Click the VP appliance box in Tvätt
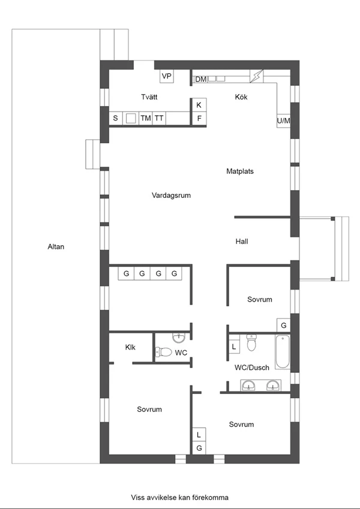[x=167, y=76]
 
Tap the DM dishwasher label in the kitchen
[x=201, y=79]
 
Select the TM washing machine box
[x=146, y=118]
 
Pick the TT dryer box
[x=159, y=118]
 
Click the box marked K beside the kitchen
[x=199, y=105]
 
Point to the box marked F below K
[x=199, y=119]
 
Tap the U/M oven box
[x=283, y=121]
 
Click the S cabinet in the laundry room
[x=115, y=118]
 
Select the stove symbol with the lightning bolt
[x=257, y=76]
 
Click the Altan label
[x=56, y=247]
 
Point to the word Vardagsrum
[x=171, y=195]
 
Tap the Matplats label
[x=240, y=171]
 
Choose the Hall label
[x=242, y=241]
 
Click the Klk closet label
[x=130, y=347]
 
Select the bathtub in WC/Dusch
[x=283, y=352]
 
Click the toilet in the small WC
[x=163, y=352]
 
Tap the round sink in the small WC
[x=178, y=338]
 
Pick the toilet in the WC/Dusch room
[x=251, y=342]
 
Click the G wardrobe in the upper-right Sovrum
[x=283, y=325]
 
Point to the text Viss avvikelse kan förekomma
[x=179, y=498]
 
